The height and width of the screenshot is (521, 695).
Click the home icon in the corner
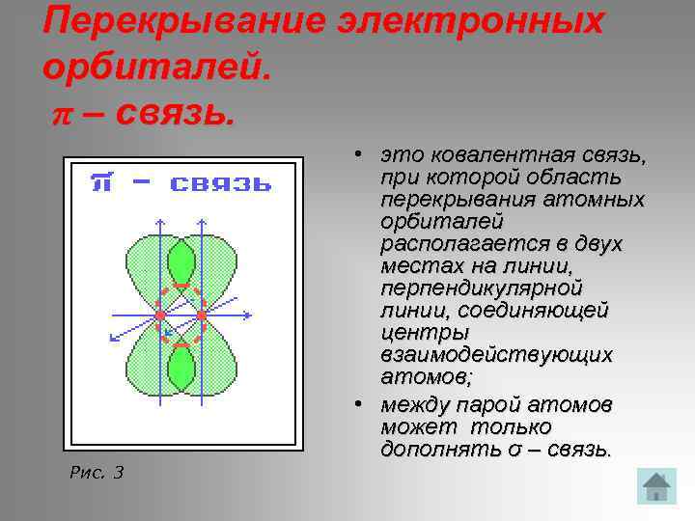[656, 485]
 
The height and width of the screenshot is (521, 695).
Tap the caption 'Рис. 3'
[97, 472]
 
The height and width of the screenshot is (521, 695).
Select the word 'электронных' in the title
[473, 21]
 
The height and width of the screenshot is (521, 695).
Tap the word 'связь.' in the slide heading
[174, 114]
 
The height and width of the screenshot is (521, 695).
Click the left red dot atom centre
[160, 315]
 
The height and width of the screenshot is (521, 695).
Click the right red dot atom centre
[202, 315]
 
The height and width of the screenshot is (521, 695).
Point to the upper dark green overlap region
[181, 261]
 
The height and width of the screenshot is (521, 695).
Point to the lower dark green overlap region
[181, 369]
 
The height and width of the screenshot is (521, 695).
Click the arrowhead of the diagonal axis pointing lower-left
[112, 338]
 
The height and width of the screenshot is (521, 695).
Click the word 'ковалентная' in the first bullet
[496, 156]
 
